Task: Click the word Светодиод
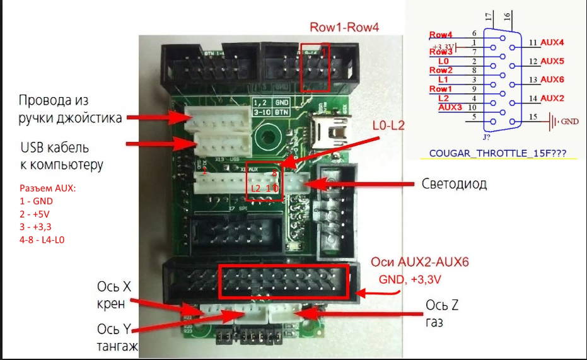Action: coord(453,185)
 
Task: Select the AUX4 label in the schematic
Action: coord(552,42)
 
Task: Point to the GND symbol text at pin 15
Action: coord(569,120)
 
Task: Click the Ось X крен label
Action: coord(115,294)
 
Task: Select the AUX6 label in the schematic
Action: coord(552,79)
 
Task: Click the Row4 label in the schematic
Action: coord(441,35)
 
